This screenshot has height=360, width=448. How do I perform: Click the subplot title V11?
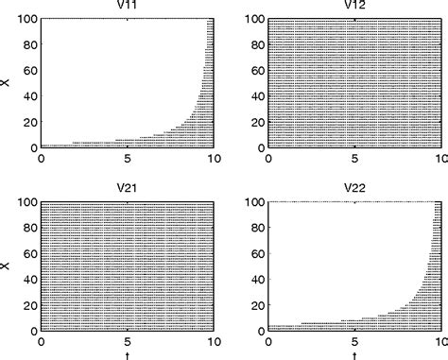point(129,8)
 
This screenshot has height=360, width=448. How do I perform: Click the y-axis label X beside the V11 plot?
point(7,83)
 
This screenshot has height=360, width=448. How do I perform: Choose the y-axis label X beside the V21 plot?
point(7,266)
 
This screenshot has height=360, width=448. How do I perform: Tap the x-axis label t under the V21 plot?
point(129,354)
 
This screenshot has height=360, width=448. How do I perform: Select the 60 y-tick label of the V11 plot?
point(29,71)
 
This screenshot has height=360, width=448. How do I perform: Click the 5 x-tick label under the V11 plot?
point(129,159)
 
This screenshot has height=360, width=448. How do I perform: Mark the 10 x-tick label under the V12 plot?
point(439,159)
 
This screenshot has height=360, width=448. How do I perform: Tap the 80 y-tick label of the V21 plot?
point(29,228)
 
